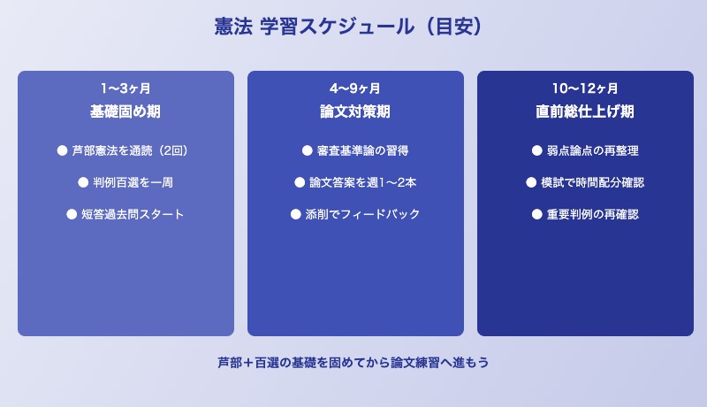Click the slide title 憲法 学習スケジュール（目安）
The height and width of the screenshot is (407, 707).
pyautogui.click(x=353, y=27)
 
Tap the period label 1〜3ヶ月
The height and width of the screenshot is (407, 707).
pyautogui.click(x=125, y=88)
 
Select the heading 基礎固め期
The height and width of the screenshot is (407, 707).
pyautogui.click(x=125, y=112)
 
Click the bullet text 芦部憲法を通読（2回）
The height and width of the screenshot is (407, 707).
pyautogui.click(x=132, y=150)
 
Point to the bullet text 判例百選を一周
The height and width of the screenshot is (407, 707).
pyautogui.click(x=132, y=182)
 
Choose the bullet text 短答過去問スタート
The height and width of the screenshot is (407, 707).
pyautogui.click(x=132, y=214)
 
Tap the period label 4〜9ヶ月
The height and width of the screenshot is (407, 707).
pyautogui.click(x=355, y=88)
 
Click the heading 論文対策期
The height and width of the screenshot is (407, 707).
pyautogui.click(x=355, y=112)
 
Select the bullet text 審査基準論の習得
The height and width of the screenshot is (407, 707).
pyautogui.click(x=361, y=150)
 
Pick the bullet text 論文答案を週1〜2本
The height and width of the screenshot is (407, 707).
pyautogui.click(x=361, y=182)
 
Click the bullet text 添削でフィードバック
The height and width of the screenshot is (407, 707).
pyautogui.click(x=361, y=214)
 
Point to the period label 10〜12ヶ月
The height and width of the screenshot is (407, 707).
pyautogui.click(x=585, y=88)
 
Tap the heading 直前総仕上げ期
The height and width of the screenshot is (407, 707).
pyautogui.click(x=585, y=112)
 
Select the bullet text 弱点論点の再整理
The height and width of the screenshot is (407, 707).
pyautogui.click(x=591, y=150)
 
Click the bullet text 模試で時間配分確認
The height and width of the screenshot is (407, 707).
pyautogui.click(x=591, y=182)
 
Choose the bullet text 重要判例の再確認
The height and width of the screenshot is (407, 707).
pyautogui.click(x=591, y=214)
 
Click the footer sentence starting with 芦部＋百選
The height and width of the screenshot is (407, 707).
pyautogui.click(x=353, y=363)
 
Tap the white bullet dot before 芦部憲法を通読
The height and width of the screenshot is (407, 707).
pyautogui.click(x=62, y=150)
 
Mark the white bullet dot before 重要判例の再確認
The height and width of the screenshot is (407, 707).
pyautogui.click(x=536, y=214)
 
